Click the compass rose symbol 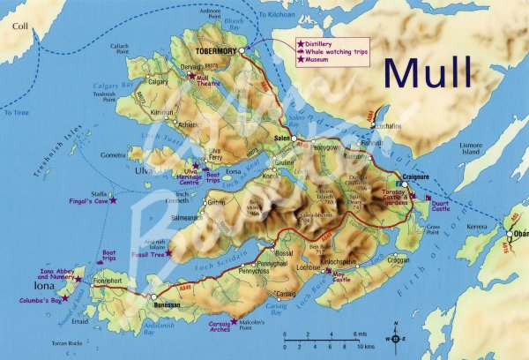[x=395, y=337]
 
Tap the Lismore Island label [x=471, y=146]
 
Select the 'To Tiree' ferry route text [x=16, y=113]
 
